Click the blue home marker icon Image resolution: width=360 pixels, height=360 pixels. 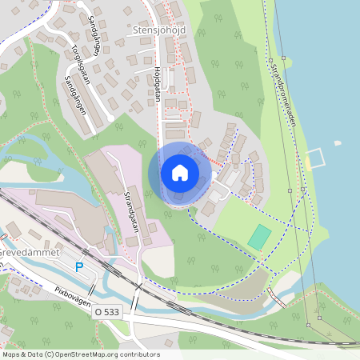(179, 173)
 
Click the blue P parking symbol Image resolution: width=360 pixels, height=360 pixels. (78, 266)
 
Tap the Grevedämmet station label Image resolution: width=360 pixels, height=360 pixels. (29, 252)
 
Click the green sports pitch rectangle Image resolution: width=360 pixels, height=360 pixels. (259, 236)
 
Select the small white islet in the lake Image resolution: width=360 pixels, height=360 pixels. (337, 143)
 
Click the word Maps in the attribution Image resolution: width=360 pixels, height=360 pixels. (11, 354)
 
